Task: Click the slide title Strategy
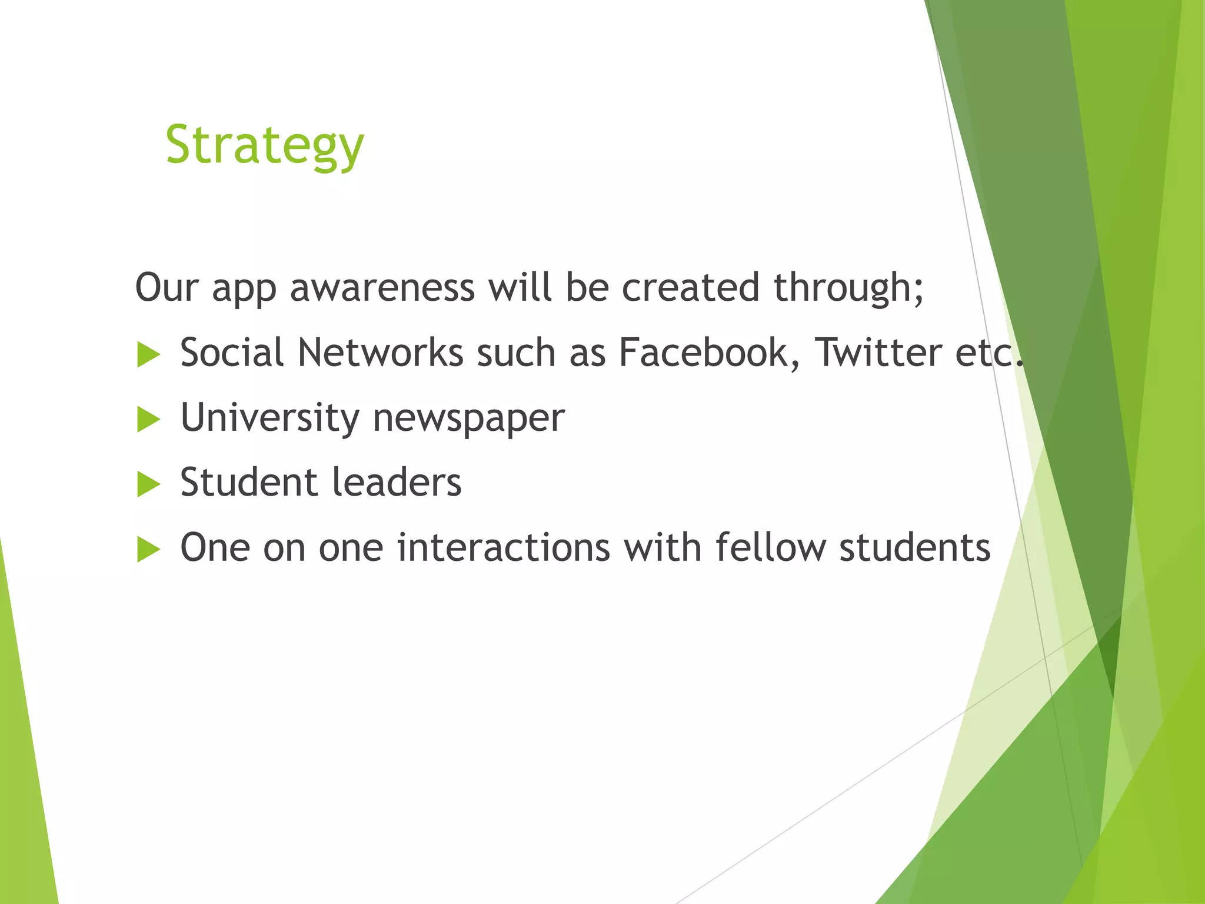tap(265, 145)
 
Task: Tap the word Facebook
tap(703, 353)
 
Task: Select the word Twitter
tap(878, 353)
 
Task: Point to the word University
tap(269, 418)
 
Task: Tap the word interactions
tap(504, 547)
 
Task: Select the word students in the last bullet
tap(914, 547)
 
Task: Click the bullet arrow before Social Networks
tap(148, 354)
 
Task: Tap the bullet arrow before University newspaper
tap(148, 420)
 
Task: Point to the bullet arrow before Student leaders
tap(148, 484)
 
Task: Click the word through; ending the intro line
tap(848, 288)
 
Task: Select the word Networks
tap(380, 353)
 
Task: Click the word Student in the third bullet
tap(249, 483)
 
